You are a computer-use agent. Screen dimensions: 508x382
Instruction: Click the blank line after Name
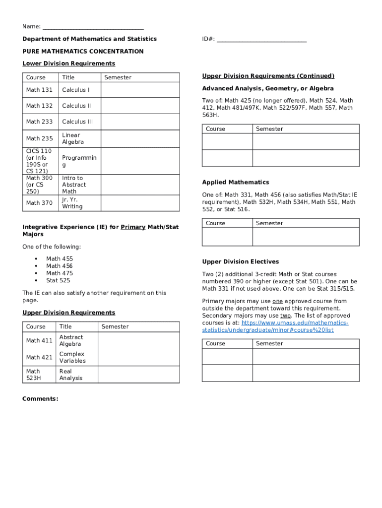[93, 27]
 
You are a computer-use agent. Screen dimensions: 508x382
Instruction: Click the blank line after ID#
[261, 39]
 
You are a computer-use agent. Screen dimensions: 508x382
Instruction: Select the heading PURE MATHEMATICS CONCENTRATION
[83, 52]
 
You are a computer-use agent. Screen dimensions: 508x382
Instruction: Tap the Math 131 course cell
[40, 90]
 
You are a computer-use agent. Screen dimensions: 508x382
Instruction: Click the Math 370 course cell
[40, 203]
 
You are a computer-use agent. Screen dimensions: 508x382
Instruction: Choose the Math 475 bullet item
[60, 273]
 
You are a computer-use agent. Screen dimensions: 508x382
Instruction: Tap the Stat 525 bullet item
[58, 281]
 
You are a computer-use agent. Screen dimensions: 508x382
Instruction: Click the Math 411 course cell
[40, 341]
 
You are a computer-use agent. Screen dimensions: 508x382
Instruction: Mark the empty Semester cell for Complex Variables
[138, 358]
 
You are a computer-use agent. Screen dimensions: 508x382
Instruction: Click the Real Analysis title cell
[78, 375]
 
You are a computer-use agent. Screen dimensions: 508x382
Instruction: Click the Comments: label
[40, 399]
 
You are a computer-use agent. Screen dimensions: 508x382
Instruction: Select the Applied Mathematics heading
[236, 183]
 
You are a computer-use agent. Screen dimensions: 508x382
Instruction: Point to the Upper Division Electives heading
[241, 262]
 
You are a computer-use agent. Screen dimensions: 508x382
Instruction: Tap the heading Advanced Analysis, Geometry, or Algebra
[268, 89]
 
